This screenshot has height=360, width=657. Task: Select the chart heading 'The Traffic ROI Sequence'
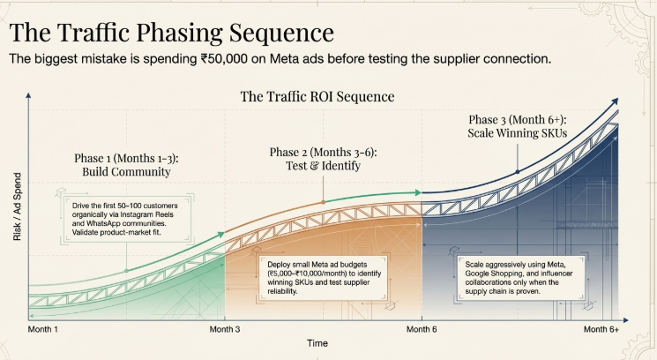(x=317, y=95)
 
